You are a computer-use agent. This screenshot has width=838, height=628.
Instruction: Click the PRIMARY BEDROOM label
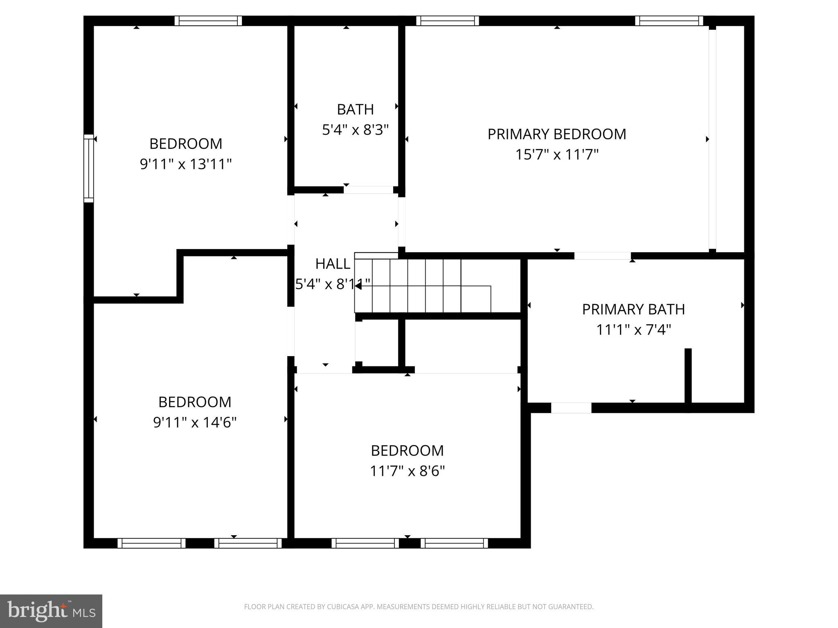tap(556, 134)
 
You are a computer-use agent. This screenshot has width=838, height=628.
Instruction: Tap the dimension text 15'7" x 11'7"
tap(556, 155)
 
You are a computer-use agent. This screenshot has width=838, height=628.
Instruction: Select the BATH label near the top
tap(355, 110)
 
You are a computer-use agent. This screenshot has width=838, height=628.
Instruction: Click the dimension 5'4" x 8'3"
tap(355, 130)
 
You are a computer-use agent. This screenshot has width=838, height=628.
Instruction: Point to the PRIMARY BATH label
tap(633, 310)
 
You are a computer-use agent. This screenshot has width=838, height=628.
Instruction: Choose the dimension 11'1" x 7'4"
tap(633, 330)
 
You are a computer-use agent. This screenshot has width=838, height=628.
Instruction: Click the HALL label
tap(332, 264)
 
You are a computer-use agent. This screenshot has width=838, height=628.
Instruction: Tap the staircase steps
tap(421, 286)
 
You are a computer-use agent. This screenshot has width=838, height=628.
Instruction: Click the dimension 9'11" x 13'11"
tap(185, 164)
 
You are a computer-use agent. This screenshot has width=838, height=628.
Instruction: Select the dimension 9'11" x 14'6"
tap(195, 422)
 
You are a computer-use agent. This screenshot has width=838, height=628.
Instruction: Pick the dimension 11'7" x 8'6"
tap(407, 471)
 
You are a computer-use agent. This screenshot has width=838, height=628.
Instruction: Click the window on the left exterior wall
tap(89, 168)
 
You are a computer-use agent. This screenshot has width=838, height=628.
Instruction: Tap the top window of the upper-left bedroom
tap(208, 21)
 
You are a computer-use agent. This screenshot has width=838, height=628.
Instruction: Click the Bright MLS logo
tap(51, 611)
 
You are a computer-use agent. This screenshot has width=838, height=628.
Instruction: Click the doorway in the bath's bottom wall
tap(368, 190)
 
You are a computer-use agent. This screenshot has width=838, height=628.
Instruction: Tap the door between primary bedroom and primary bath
tap(602, 256)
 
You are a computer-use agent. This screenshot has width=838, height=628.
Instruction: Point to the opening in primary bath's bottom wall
tap(571, 408)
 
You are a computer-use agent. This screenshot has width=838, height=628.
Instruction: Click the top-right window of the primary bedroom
tap(669, 21)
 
